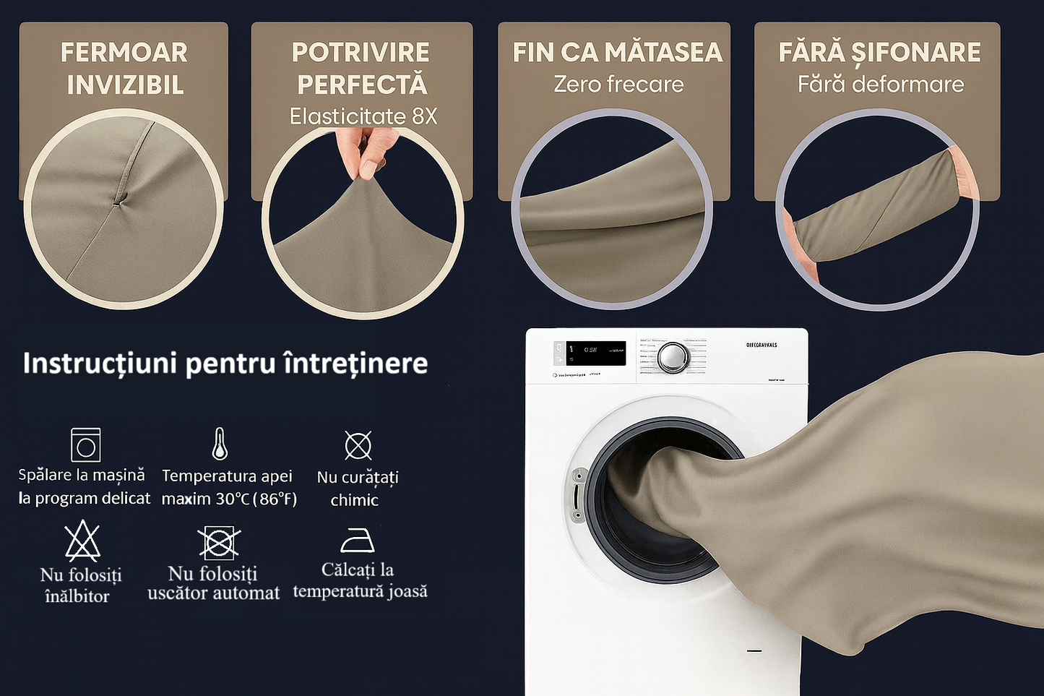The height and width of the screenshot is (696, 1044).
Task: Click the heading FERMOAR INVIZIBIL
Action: tap(124, 69)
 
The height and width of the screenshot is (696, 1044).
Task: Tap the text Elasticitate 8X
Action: tap(363, 116)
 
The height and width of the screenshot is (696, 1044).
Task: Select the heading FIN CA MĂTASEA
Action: tap(617, 52)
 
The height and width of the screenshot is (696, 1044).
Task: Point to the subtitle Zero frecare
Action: tap(618, 85)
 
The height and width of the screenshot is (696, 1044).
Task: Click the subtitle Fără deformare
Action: tap(880, 85)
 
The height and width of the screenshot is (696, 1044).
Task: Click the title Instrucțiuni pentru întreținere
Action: tap(225, 363)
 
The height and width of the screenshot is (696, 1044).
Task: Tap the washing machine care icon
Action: tap(85, 444)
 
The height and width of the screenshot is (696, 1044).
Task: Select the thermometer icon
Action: tap(220, 444)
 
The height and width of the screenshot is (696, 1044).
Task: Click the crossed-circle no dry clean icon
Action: tap(358, 445)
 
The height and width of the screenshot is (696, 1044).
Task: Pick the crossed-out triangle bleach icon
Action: tap(82, 542)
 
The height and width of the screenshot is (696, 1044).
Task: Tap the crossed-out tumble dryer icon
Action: tap(218, 542)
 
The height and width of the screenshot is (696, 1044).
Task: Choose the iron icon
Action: tap(357, 540)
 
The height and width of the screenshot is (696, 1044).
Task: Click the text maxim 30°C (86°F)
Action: tap(229, 499)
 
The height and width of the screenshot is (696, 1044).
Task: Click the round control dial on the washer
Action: tap(673, 356)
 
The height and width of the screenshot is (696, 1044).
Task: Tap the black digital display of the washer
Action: tap(595, 353)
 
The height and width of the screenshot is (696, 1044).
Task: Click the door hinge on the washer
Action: tap(578, 495)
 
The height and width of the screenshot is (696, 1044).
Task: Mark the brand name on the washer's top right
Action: tap(762, 345)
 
